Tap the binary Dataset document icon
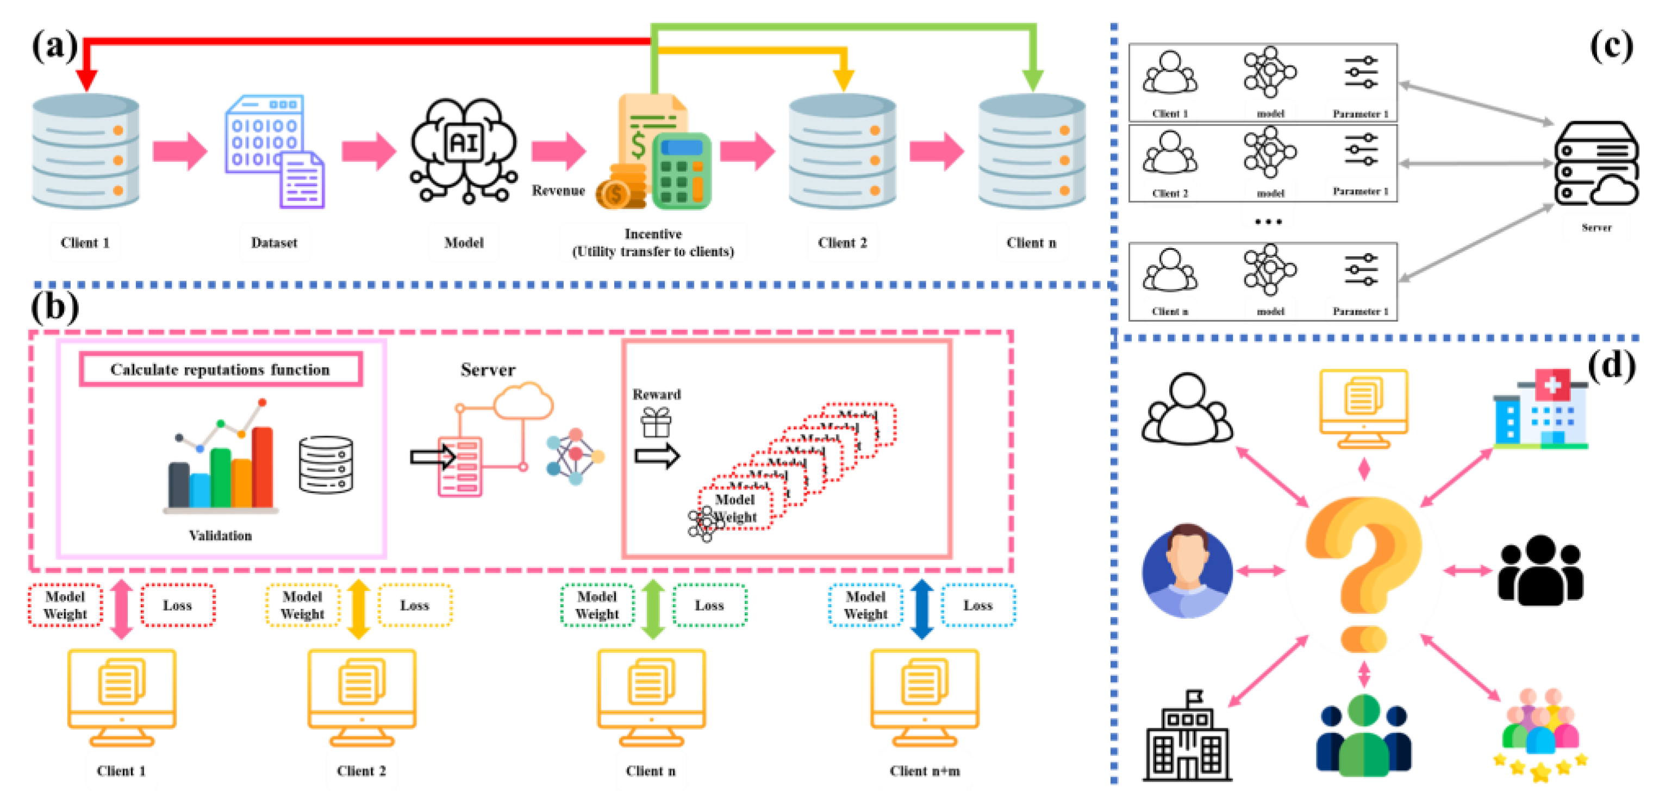coord(274,152)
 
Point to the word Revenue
coord(558,191)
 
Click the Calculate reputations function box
coord(220,369)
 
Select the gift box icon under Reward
coord(656,423)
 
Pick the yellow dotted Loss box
coord(414,605)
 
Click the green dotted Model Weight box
coord(596,605)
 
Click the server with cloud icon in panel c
coord(1596,165)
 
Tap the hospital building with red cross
coord(1541,410)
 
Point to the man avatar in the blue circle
coord(1187,571)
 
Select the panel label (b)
coord(55,307)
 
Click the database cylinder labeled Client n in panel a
coord(1032,152)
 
